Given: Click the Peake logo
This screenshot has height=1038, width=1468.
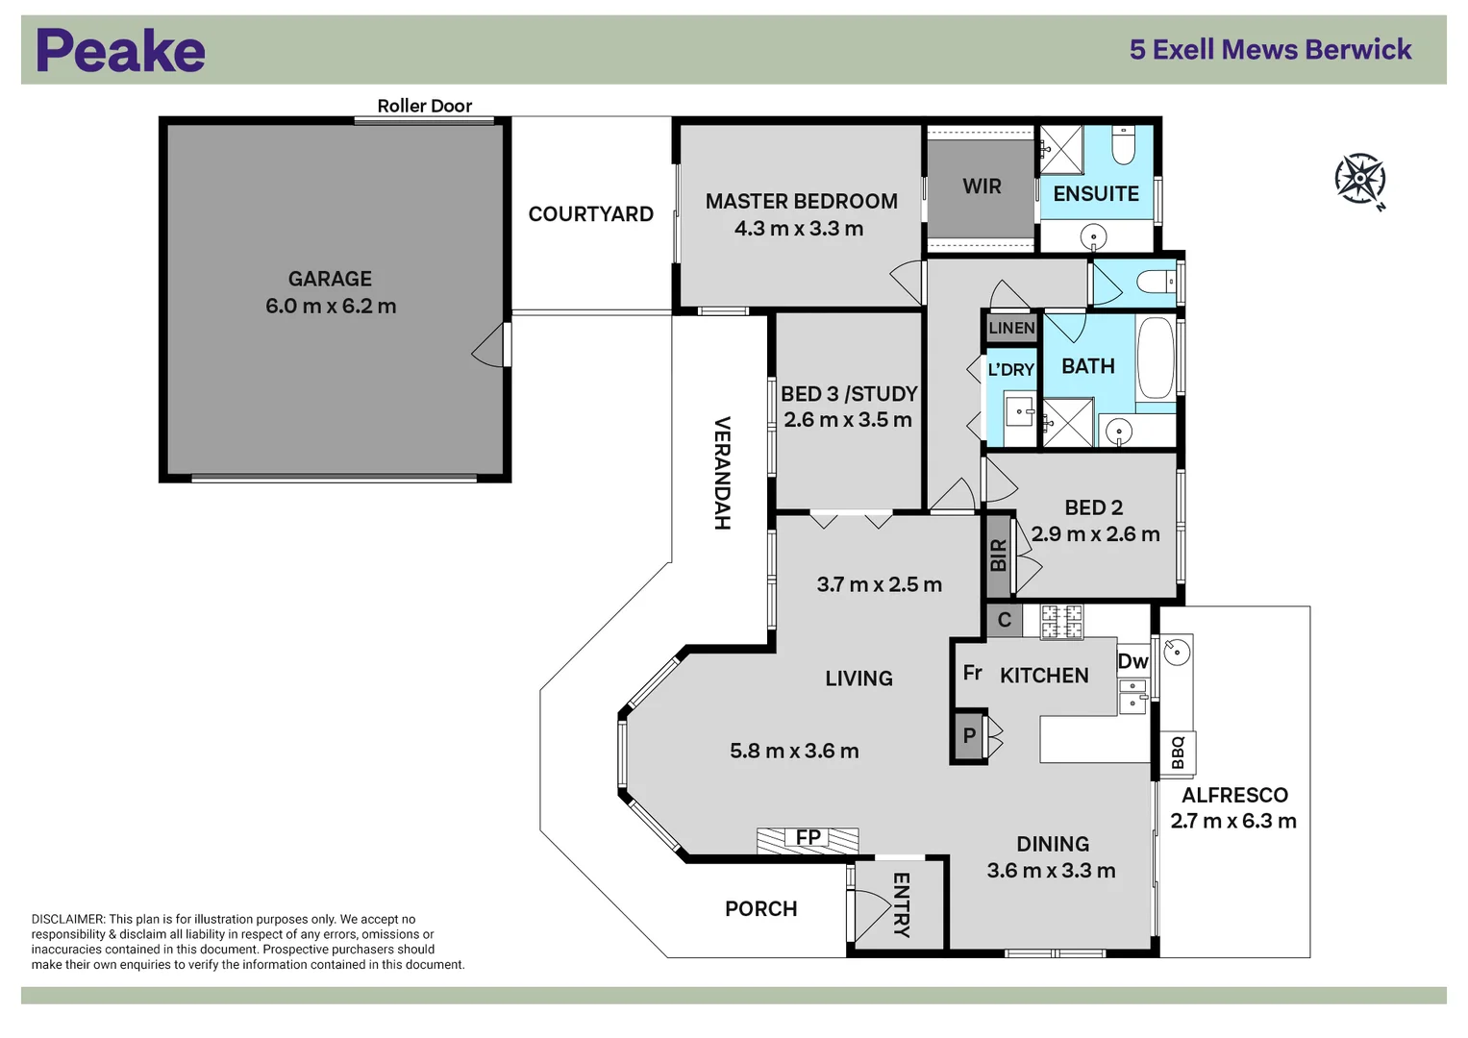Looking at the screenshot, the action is pos(120,50).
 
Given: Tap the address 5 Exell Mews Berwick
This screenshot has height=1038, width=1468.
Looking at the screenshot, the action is pos(1270,50).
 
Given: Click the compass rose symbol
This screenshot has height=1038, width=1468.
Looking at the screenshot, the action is pos(1360,179).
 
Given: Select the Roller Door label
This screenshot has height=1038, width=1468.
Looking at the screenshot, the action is pos(424,106).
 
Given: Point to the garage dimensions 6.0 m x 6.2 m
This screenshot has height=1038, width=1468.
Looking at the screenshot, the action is pos(331,306).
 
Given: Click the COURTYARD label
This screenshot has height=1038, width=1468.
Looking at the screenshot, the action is pos(590,213).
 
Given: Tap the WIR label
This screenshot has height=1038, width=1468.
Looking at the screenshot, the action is pos(982,186).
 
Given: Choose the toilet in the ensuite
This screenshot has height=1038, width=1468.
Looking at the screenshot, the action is pos(1123,145).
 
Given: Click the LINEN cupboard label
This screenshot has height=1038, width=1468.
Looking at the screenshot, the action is pos(1012,328).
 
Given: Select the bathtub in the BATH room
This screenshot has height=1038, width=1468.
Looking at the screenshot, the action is pos(1156,358).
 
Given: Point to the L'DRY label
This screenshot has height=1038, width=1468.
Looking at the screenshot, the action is pos(1010,370).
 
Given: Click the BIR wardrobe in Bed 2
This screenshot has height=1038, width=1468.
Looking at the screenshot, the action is pos(998,556).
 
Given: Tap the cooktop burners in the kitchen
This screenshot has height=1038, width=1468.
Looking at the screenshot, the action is pos(1061,621).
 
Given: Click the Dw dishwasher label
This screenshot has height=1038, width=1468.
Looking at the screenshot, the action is pos(1133,661).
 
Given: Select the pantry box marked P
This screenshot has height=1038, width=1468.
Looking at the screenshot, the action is pos(969,736).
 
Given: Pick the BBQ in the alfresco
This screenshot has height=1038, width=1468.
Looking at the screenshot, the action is pos(1178,753).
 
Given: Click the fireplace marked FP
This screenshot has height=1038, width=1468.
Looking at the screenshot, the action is pos(808,839).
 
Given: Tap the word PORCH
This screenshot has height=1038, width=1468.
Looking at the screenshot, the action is pos(760,908).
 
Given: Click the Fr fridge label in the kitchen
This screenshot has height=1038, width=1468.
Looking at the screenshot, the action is pos(973,673).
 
